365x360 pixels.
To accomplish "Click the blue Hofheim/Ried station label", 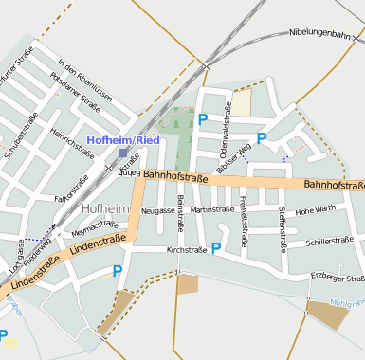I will [x=124, y=140].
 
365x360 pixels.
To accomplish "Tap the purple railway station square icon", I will [x=123, y=152].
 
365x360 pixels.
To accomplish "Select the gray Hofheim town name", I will [x=104, y=207].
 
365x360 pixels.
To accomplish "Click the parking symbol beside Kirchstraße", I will [x=216, y=248].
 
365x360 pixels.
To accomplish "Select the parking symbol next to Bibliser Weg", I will [x=262, y=138].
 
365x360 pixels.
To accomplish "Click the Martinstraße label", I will [x=211, y=209].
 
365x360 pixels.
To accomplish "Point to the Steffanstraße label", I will [x=283, y=227].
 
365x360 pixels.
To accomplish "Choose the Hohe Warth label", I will [x=316, y=209].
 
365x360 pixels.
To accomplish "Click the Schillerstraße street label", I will [x=328, y=243].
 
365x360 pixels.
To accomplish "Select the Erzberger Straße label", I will [x=338, y=279].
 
